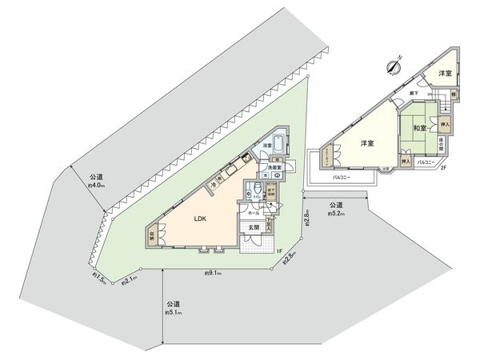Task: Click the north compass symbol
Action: (391, 66)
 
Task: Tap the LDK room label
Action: (201, 216)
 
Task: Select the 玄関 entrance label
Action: (254, 228)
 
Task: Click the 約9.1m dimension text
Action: (212, 274)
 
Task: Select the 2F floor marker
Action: (443, 166)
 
